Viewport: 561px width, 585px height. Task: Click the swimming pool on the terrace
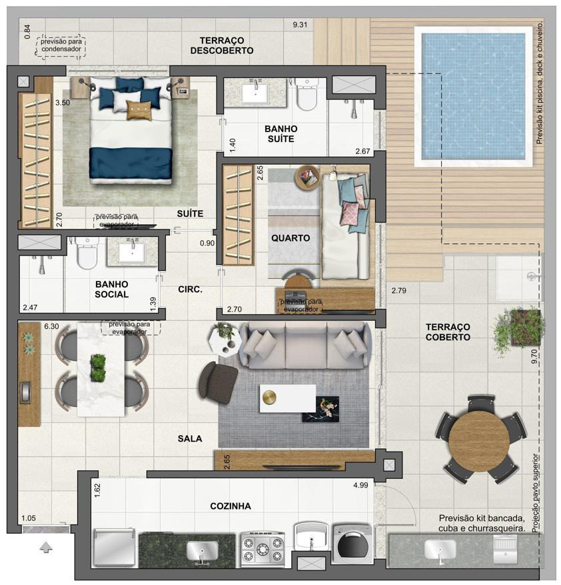(474, 97)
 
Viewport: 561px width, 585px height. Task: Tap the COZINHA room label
(231, 506)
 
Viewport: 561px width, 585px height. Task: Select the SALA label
(190, 438)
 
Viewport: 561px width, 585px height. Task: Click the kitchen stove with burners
(263, 548)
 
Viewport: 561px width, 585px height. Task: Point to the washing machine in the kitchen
(352, 544)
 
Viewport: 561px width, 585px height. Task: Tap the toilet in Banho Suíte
(306, 93)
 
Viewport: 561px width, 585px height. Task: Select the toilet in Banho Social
(87, 253)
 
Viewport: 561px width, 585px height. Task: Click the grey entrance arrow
(46, 548)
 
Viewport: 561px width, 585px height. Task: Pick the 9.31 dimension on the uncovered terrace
(300, 25)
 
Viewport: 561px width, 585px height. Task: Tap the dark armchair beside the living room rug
(219, 382)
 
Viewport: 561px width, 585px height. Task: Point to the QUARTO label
(290, 238)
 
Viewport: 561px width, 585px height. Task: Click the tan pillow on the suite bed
(139, 110)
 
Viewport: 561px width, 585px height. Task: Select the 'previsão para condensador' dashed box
(61, 46)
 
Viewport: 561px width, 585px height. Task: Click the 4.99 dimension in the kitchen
(360, 486)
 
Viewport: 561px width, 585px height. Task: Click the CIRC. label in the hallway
(190, 289)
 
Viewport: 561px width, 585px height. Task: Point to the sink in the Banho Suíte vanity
(256, 93)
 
